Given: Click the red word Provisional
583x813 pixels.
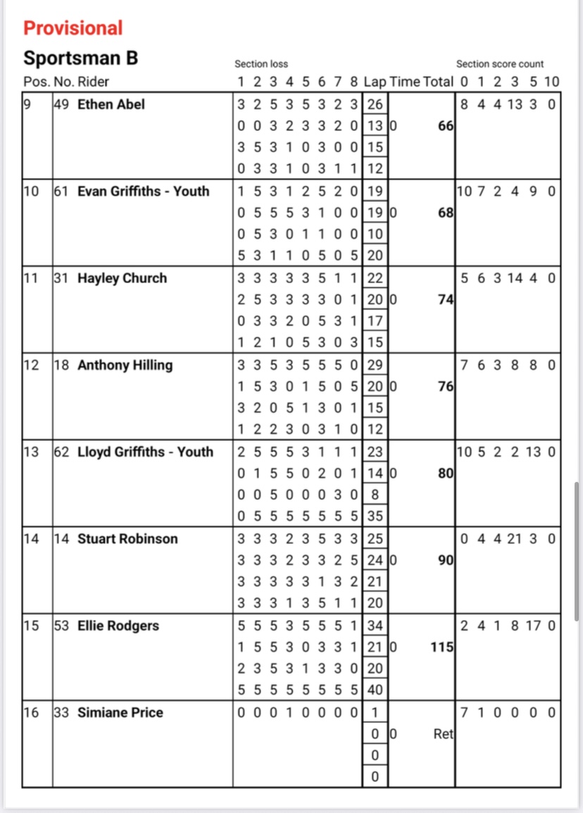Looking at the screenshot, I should coord(73,28).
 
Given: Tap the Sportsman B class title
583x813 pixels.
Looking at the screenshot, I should coord(80,58).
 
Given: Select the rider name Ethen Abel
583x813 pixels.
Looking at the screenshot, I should coord(111,104).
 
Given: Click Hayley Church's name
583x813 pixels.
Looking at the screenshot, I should coord(122,278).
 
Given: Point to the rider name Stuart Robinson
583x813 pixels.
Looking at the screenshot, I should coord(127,539).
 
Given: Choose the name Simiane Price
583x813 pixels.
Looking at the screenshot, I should coord(120,713).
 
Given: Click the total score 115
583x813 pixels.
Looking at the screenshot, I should coord(441,647).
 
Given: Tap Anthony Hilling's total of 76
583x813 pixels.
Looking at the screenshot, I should coord(446,386).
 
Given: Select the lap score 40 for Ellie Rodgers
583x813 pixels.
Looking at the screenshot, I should coord(375,690).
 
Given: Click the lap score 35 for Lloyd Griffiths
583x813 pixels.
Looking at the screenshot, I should coord(375,516).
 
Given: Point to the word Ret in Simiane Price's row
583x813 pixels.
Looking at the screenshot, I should coord(443,734).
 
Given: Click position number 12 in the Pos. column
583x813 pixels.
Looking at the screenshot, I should coord(31,365).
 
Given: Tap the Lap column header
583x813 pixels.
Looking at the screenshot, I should coord(375,82).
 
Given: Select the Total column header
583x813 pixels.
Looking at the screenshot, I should coord(438,82).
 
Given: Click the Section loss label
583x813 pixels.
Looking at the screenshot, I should coord(261,64).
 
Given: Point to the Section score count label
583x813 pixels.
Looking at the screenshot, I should coord(499,64).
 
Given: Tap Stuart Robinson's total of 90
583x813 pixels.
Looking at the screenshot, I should coord(446,560).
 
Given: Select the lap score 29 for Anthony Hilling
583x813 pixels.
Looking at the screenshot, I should coord(375,365).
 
